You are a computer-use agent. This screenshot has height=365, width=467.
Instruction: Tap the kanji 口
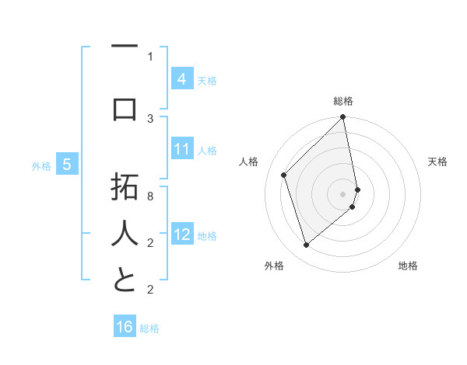tap(125, 109)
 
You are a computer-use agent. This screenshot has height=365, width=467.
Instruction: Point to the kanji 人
tap(125, 234)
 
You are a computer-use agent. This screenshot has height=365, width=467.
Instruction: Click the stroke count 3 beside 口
tap(150, 118)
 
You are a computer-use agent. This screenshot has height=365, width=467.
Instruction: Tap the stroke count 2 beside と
tap(150, 290)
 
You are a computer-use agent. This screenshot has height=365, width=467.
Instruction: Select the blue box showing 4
tap(182, 78)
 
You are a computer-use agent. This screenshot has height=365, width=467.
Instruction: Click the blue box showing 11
tap(182, 149)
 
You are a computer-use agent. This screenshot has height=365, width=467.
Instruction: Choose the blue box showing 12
tap(182, 235)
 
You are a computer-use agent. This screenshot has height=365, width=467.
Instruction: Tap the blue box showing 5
tap(67, 165)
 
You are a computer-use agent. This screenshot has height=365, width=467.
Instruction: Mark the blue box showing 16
tap(125, 327)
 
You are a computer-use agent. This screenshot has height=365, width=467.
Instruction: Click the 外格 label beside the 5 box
tap(41, 165)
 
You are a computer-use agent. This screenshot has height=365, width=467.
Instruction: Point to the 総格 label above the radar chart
tap(343, 101)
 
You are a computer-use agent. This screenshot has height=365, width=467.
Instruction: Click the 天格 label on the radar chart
tap(437, 162)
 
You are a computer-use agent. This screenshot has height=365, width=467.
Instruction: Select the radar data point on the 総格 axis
tap(343, 118)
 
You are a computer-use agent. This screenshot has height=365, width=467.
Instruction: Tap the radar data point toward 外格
tap(306, 245)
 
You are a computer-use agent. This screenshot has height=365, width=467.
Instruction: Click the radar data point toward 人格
tap(284, 175)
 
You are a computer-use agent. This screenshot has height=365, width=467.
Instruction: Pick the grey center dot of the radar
tap(343, 193)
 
